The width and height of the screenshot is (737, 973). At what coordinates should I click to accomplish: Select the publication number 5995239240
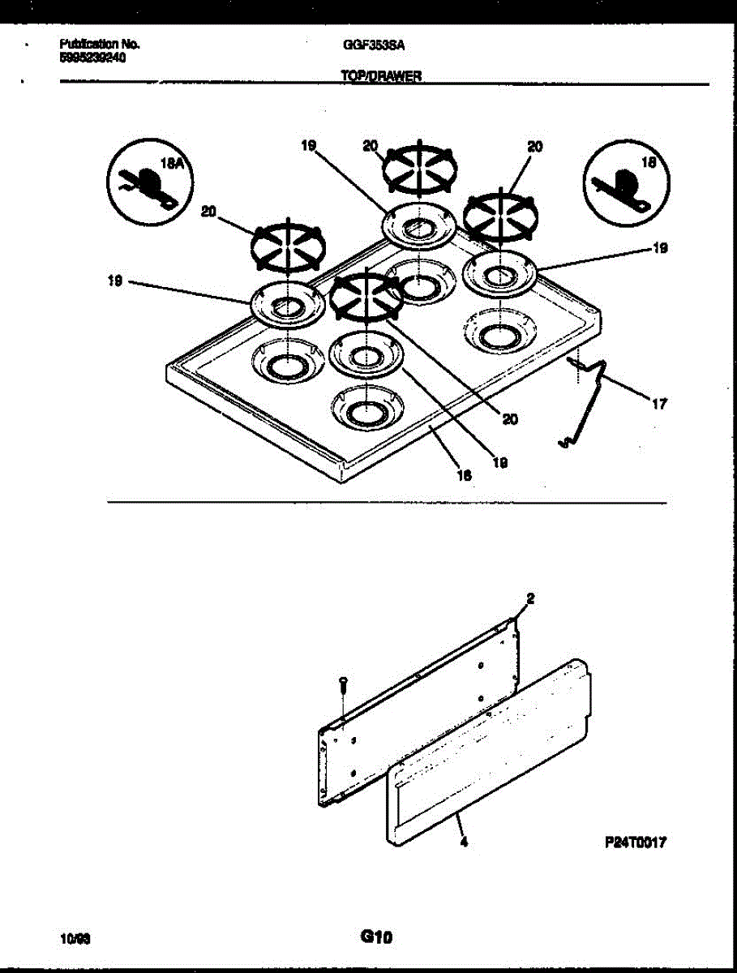pos(92,58)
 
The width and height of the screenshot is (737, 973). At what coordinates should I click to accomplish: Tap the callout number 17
pos(658,402)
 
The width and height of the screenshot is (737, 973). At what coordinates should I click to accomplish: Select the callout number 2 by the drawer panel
pos(530,598)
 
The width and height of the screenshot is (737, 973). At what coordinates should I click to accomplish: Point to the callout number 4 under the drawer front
pos(463,842)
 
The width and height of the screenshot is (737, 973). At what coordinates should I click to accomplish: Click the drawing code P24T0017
pos(633,843)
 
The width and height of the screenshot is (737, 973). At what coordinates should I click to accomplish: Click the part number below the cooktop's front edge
pos(464,477)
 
